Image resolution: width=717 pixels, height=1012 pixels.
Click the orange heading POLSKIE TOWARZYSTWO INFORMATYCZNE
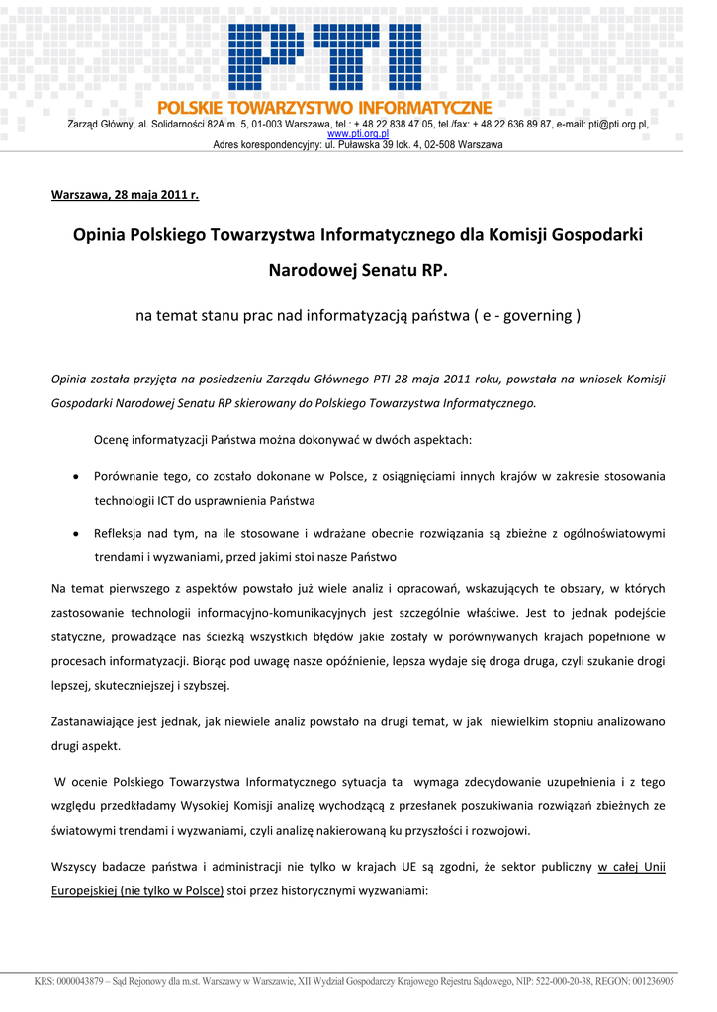(324, 108)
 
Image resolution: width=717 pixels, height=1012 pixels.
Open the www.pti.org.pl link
(357, 134)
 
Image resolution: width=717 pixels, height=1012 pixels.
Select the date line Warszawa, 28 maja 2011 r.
(125, 194)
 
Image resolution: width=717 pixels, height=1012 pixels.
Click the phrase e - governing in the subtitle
(526, 316)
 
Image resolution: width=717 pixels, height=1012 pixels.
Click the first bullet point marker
(76, 477)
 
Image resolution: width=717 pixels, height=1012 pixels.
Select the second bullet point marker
(76, 534)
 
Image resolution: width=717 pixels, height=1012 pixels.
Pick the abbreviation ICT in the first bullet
(167, 500)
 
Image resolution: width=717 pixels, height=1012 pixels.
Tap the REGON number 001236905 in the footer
(648, 982)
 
